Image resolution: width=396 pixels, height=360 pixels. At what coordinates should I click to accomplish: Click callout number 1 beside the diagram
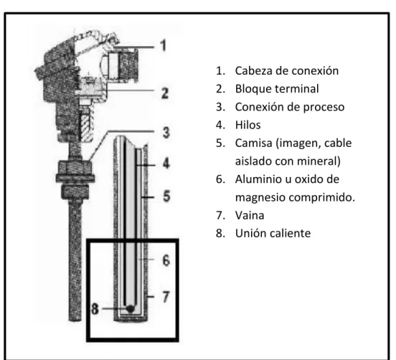click(x=164, y=46)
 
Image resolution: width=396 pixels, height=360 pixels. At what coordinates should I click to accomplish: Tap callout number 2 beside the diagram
click(x=165, y=93)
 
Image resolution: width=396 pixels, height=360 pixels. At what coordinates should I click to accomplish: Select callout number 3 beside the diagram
click(x=166, y=132)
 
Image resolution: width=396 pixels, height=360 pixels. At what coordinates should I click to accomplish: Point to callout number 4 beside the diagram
click(x=166, y=163)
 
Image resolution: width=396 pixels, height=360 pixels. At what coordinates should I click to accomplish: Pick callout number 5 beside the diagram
click(x=166, y=196)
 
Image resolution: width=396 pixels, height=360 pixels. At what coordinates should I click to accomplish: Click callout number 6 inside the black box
click(x=166, y=260)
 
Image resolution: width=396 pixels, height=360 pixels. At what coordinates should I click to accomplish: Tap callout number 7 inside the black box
click(x=166, y=297)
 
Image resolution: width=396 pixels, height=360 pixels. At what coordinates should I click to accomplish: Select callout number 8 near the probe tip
click(x=95, y=308)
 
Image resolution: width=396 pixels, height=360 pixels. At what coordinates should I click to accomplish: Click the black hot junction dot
click(x=130, y=308)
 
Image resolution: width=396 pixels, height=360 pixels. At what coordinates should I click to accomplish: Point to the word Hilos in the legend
click(x=247, y=125)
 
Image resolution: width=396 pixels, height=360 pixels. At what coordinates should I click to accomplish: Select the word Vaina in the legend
click(x=250, y=215)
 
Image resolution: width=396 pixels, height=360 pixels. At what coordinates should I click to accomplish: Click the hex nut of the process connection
click(x=75, y=167)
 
